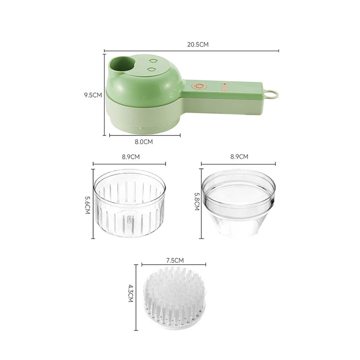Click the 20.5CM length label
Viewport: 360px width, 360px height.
tap(198, 44)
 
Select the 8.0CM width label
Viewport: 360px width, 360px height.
tap(144, 141)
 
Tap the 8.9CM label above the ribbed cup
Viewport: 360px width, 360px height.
tap(130, 157)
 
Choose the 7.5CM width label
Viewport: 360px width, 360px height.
tap(175, 260)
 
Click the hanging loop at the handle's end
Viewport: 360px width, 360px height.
tap(272, 94)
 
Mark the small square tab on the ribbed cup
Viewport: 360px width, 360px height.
tap(130, 220)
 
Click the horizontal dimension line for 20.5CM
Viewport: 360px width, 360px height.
tap(148, 51)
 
